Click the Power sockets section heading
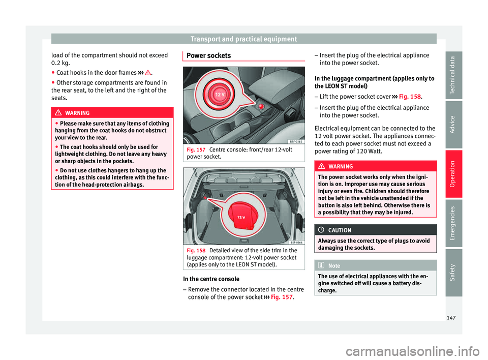coord(208,55)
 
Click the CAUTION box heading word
coord(339,230)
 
